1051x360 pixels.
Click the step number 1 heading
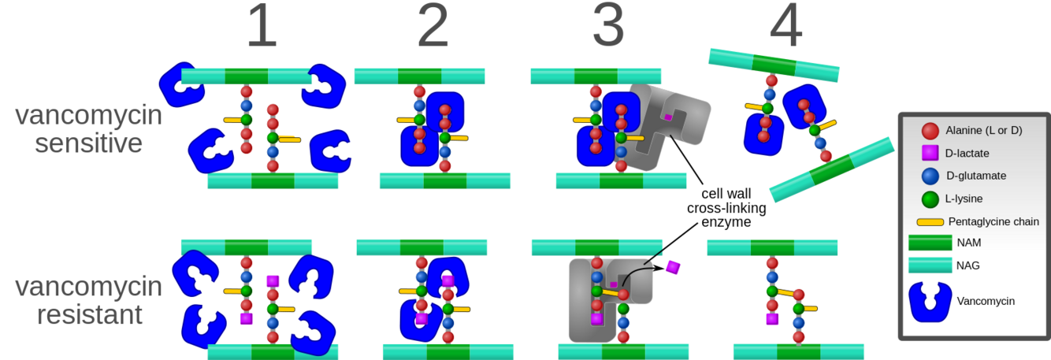coord(262,28)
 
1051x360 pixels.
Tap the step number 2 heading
coord(433,28)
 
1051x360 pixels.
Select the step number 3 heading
coord(607,28)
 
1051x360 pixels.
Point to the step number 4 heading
coord(785,28)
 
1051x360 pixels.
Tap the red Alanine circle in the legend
coord(930,130)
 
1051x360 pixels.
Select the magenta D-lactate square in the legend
coord(930,152)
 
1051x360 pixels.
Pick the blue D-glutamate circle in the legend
coord(930,175)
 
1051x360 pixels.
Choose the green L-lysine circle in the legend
coord(930,198)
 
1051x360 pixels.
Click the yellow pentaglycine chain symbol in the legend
coord(930,222)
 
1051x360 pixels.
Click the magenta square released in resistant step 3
coord(672,267)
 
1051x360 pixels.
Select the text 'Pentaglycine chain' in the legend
coord(993,221)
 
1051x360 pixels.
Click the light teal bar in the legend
coord(930,265)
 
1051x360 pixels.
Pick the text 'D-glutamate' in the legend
coord(977,175)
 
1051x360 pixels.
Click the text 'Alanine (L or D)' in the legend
coord(985,130)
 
